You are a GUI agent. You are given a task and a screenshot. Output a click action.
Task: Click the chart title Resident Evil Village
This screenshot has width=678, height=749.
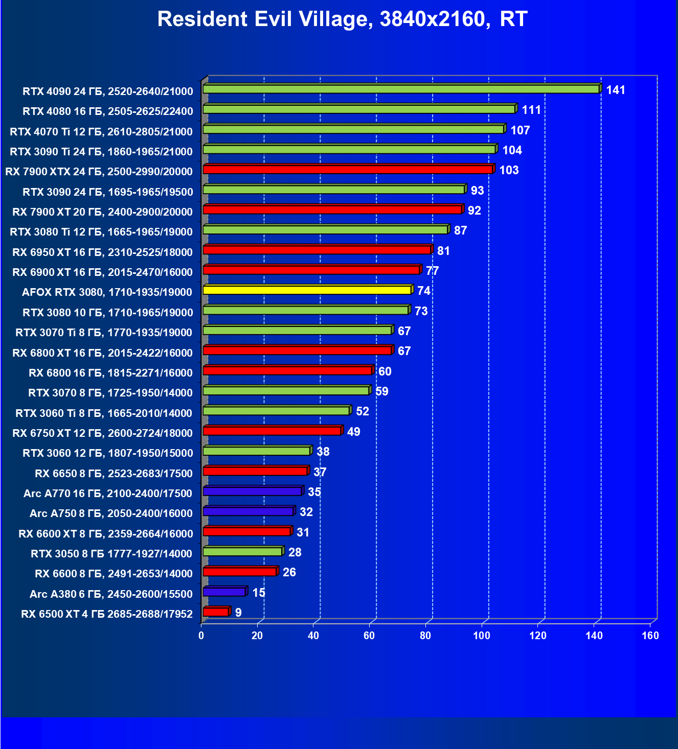click(342, 19)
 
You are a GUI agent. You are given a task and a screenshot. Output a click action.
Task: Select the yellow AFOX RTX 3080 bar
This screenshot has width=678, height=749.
click(307, 290)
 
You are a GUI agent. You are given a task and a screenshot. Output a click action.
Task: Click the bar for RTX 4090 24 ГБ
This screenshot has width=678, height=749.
click(401, 89)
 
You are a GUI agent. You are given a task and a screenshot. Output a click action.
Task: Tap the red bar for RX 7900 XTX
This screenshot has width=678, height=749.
click(348, 170)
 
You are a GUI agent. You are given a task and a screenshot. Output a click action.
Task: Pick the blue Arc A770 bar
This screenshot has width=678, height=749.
click(252, 491)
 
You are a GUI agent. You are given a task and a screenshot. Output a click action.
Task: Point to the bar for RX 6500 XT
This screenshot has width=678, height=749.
click(216, 612)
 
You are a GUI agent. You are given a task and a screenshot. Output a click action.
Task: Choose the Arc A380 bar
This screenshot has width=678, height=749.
click(224, 592)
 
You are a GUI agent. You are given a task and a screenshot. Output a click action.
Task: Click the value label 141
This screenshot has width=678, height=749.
click(616, 90)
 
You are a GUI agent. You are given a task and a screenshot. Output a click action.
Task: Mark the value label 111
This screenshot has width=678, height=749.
click(531, 110)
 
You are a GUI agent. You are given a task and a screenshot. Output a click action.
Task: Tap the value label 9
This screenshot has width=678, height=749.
click(238, 613)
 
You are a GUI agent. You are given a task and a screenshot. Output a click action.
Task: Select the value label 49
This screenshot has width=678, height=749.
click(353, 432)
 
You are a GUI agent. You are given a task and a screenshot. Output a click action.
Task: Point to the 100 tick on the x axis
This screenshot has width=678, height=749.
click(482, 636)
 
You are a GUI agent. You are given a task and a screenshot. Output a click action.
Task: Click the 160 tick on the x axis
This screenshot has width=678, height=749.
click(650, 636)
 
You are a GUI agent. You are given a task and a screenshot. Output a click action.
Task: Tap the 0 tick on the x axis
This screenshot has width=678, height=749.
click(201, 636)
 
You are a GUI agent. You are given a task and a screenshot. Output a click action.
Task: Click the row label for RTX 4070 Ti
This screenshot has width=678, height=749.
click(101, 132)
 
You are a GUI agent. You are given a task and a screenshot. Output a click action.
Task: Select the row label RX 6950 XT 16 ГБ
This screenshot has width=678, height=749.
click(102, 252)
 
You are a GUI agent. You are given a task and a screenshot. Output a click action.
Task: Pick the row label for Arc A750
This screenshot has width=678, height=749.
click(111, 513)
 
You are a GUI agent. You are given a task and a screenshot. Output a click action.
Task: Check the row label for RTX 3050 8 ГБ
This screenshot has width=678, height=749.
click(111, 554)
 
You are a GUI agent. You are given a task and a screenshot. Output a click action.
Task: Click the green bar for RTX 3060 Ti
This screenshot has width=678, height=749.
click(276, 411)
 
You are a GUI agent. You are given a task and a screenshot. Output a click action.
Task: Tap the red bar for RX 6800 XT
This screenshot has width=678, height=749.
click(297, 350)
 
